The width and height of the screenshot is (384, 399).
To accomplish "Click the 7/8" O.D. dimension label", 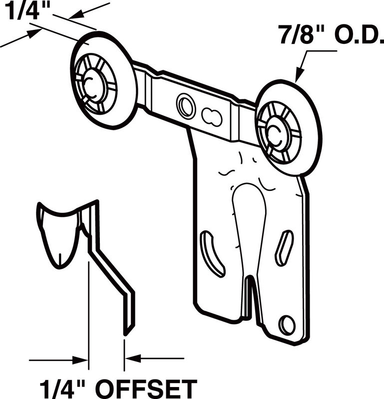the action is click(x=331, y=34).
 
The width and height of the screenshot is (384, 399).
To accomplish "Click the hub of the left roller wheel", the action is click(x=93, y=85).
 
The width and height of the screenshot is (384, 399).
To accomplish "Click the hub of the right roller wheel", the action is click(x=278, y=133).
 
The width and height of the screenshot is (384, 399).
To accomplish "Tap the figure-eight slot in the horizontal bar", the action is click(x=212, y=117).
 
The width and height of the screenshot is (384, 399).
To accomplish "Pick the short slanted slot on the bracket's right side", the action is click(x=284, y=248).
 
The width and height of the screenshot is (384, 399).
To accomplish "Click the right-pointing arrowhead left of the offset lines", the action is click(x=79, y=360).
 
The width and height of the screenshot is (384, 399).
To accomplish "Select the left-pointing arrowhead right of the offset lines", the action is click(x=133, y=358).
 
